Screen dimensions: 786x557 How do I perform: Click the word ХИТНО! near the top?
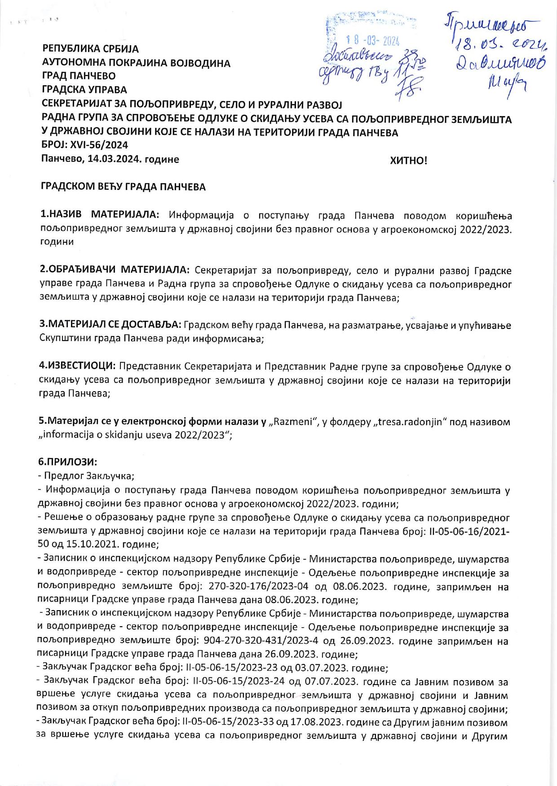pos(409,161)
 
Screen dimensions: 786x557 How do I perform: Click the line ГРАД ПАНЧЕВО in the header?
pos(79,76)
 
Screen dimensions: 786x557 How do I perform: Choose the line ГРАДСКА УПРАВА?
pos(84,90)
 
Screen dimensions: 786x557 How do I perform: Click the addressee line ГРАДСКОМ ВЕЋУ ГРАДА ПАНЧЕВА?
pos(124,187)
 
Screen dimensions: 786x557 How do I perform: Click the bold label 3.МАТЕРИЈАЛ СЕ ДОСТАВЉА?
pos(111,325)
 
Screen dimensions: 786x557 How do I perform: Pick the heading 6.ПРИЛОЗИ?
pos(68,462)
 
